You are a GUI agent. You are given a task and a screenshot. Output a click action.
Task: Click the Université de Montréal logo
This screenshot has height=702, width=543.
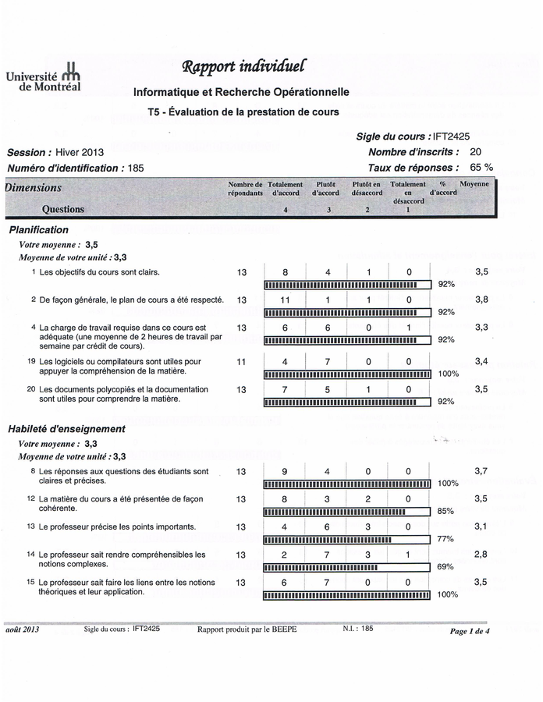click(44, 78)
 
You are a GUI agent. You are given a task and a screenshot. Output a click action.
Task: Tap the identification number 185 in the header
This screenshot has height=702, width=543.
click(135, 168)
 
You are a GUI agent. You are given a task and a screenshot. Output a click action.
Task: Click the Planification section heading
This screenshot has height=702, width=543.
click(39, 230)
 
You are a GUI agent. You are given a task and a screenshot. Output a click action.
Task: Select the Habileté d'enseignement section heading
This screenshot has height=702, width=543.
click(66, 429)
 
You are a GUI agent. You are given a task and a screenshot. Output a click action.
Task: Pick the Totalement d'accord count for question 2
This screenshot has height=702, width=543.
click(285, 300)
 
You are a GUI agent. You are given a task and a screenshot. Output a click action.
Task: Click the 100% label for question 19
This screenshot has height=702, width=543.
click(449, 374)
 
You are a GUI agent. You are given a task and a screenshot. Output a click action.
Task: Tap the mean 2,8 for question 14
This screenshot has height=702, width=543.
click(481, 555)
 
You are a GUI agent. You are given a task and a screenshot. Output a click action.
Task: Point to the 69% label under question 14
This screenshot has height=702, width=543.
click(445, 567)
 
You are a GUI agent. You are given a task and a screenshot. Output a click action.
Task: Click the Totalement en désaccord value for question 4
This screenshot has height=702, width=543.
click(408, 328)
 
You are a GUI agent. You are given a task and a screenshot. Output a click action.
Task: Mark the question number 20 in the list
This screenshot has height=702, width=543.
click(31, 389)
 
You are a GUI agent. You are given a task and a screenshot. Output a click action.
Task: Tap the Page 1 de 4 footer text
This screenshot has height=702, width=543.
click(470, 631)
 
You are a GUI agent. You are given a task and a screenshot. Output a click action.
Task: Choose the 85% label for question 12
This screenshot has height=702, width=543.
click(445, 512)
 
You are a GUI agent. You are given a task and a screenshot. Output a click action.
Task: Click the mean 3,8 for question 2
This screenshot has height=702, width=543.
click(481, 300)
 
